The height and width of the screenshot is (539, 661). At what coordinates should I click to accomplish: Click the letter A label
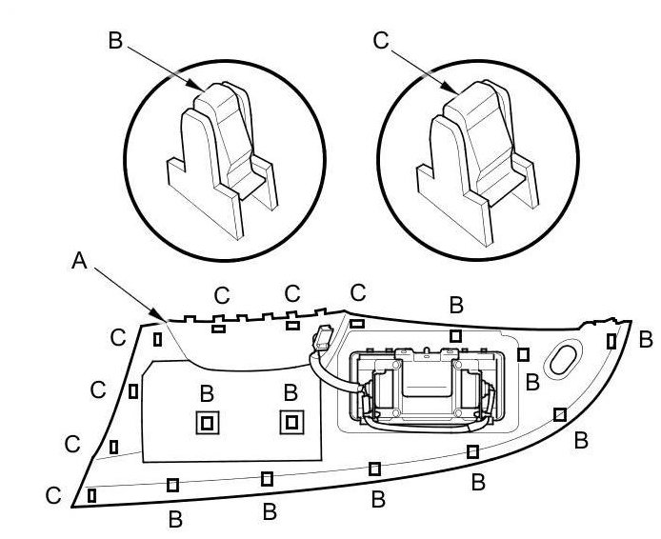click(79, 260)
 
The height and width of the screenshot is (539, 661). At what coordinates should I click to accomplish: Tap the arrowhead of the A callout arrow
click(162, 318)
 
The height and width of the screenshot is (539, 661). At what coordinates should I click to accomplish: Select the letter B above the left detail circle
click(115, 41)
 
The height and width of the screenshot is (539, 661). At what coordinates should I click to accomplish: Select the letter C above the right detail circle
click(381, 41)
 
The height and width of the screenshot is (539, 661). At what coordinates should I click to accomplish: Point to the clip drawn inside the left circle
click(222, 161)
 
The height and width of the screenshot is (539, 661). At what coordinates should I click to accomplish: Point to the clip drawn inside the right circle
click(477, 163)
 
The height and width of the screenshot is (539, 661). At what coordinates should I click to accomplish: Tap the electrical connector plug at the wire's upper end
click(323, 337)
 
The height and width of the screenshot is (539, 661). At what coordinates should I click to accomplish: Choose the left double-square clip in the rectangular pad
click(208, 422)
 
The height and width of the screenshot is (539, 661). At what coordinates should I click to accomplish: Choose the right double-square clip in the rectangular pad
click(291, 422)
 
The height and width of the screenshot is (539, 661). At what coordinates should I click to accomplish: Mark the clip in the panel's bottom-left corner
click(91, 495)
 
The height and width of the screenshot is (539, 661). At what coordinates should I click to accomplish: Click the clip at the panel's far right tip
click(611, 341)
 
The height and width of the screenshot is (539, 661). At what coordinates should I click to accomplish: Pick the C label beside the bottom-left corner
click(53, 495)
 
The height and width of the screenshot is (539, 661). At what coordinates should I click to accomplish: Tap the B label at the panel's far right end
click(646, 340)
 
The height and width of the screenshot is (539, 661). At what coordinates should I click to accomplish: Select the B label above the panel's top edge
click(456, 305)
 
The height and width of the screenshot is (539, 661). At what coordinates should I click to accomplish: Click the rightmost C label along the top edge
click(358, 292)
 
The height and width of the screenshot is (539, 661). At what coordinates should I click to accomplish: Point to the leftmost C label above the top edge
click(222, 295)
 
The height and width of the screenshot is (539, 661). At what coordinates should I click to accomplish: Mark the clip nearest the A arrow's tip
click(157, 339)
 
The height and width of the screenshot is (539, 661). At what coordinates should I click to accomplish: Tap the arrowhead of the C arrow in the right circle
click(451, 90)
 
